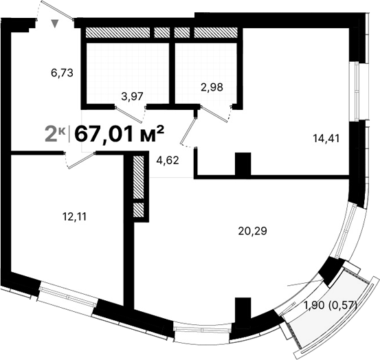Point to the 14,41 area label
tap(326, 137)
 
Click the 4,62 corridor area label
tap(168, 161)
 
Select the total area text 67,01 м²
tap(118, 133)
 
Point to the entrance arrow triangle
tap(56, 24)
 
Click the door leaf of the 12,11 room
tap(80, 159)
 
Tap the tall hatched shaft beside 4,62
tap(138, 177)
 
